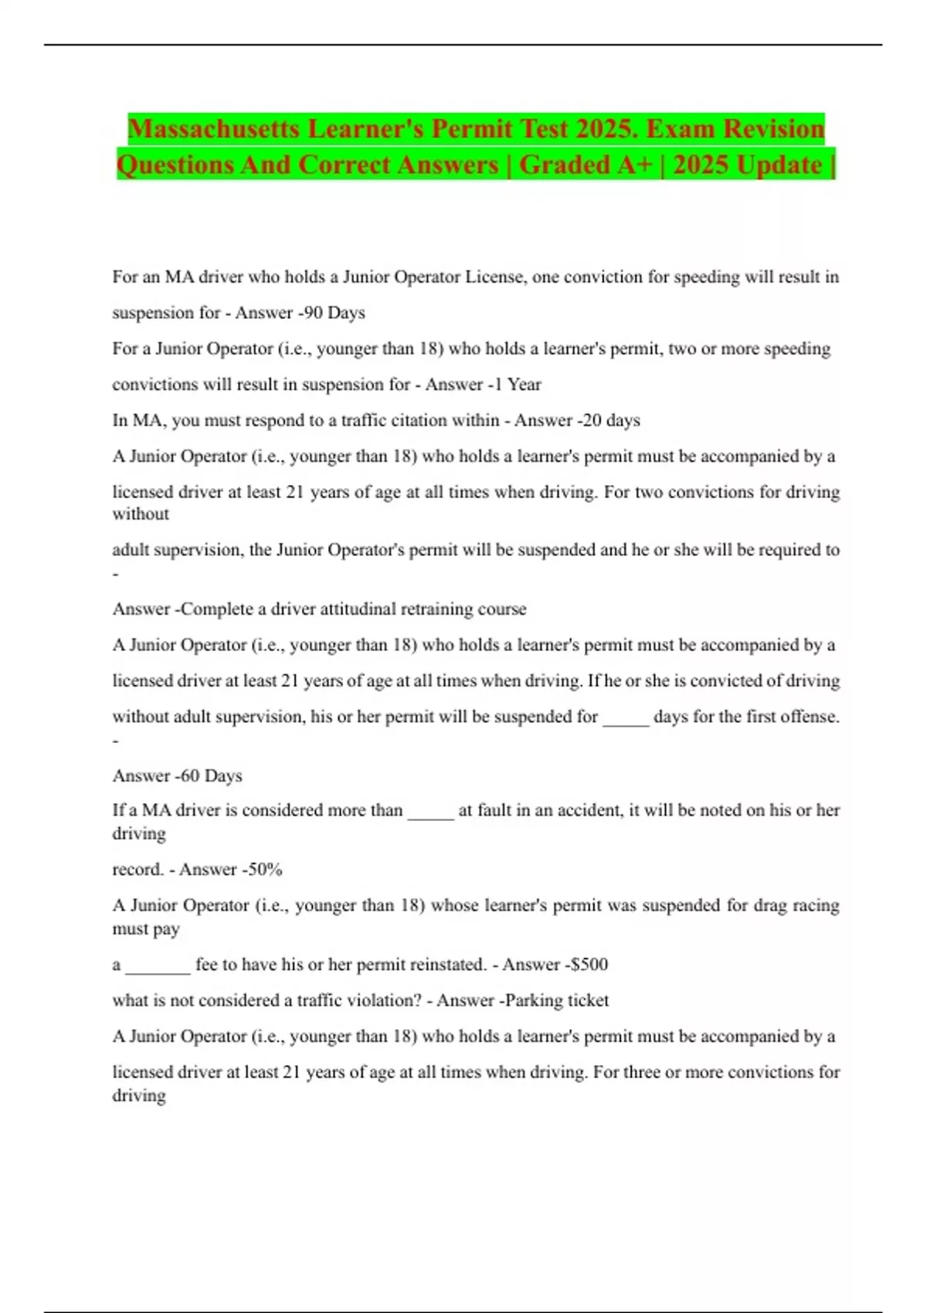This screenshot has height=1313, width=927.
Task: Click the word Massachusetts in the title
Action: pos(213,128)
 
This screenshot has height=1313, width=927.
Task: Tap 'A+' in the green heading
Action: pos(633,165)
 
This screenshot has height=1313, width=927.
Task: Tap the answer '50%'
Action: pos(265,869)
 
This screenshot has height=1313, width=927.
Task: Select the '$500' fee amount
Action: pos(589,964)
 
